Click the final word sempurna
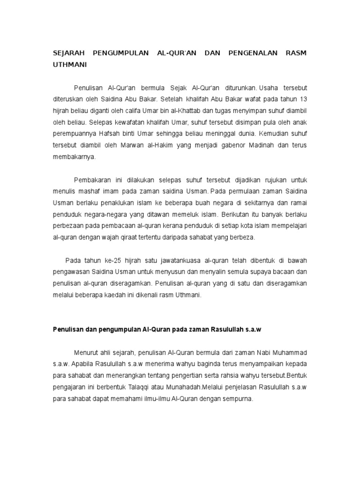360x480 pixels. (x=239, y=398)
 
